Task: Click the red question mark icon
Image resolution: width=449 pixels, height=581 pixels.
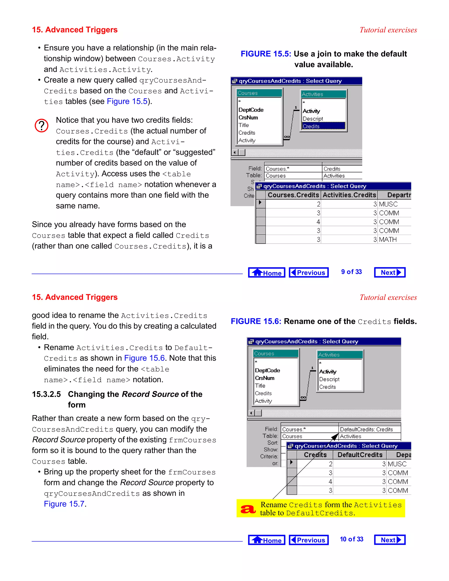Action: (x=41, y=126)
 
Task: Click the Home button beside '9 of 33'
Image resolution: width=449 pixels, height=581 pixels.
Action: (x=267, y=272)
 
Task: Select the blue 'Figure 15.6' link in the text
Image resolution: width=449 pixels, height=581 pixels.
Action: (x=144, y=358)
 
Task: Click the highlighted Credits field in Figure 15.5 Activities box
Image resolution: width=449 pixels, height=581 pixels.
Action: (x=323, y=126)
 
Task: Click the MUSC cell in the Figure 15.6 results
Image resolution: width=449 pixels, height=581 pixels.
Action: (x=397, y=464)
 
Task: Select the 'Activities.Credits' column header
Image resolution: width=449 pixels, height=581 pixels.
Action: (x=349, y=195)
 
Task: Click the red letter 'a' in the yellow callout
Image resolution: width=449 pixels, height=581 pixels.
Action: (x=248, y=509)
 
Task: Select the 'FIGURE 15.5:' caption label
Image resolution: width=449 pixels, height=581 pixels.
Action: (x=266, y=54)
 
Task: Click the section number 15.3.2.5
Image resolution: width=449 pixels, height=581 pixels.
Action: (x=46, y=394)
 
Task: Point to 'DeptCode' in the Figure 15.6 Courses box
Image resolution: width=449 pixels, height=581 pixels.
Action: (x=267, y=370)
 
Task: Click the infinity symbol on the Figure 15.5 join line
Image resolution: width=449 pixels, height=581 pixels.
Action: (x=287, y=137)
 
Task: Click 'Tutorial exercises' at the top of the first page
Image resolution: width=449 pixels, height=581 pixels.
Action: (x=388, y=30)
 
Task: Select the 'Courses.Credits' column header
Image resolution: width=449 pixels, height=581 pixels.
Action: (x=293, y=195)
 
